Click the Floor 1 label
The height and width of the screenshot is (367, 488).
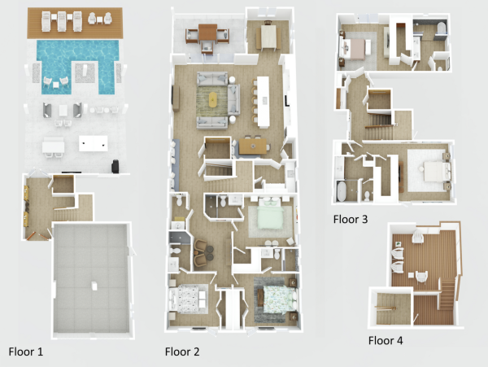[x=26, y=352]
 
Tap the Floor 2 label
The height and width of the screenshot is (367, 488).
[x=182, y=352]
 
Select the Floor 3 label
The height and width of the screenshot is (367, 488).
[x=351, y=220]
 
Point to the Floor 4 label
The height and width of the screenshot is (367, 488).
[x=386, y=340]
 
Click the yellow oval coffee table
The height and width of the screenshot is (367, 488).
[x=213, y=99]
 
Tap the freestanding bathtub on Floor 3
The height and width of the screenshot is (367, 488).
[x=341, y=190]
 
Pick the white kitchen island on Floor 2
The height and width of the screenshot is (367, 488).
[x=264, y=102]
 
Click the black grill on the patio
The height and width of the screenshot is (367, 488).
[x=115, y=166]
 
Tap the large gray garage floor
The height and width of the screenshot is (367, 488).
[x=91, y=278]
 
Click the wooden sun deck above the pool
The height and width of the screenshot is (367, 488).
[x=75, y=23]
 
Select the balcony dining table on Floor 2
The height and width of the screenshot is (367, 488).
[x=207, y=33]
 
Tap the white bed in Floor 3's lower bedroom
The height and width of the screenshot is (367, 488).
[x=435, y=172]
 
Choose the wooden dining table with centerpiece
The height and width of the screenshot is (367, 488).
[x=253, y=146]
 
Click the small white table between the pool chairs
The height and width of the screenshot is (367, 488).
[x=55, y=85]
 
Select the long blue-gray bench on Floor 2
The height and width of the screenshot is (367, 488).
[x=176, y=165]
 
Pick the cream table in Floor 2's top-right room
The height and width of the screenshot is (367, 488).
[x=268, y=36]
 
